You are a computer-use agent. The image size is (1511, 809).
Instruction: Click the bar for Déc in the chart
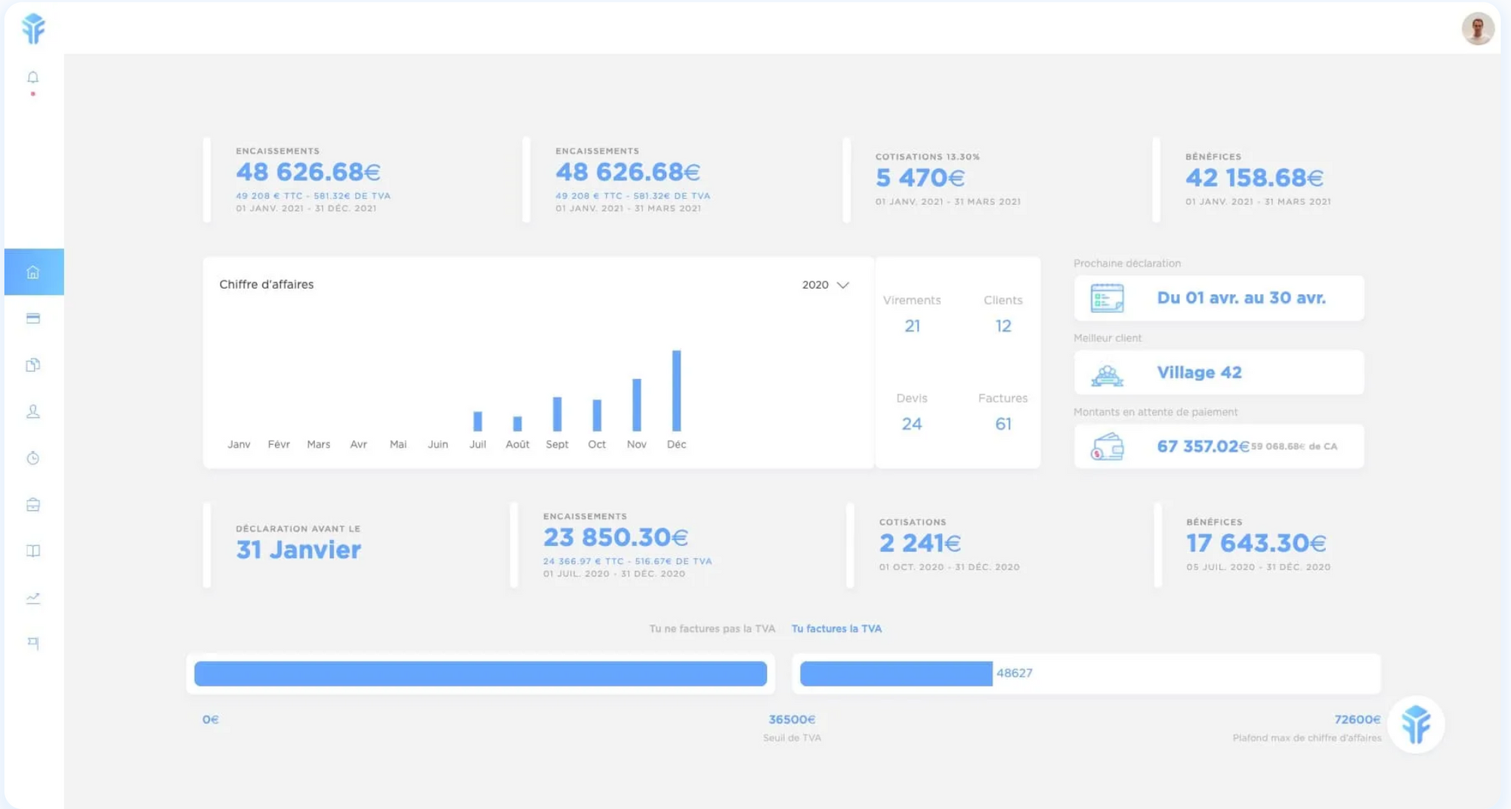coord(676,391)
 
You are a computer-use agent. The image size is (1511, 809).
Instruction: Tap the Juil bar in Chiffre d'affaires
coord(477,421)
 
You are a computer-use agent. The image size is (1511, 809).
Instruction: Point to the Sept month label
coord(557,444)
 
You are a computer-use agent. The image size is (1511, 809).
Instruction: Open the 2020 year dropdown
coord(826,285)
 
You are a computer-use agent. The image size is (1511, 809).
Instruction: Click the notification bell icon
coord(32,78)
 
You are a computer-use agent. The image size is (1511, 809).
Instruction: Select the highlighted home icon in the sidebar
coord(33,272)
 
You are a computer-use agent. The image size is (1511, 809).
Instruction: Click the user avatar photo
coord(1477,29)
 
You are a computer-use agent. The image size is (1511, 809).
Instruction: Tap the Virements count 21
coord(912,326)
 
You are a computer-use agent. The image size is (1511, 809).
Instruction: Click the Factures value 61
coord(1003,425)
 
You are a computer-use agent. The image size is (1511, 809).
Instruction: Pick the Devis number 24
coord(911,425)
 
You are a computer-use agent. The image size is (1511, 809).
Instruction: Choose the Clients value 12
coord(1003,326)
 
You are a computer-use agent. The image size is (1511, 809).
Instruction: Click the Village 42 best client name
coord(1199,372)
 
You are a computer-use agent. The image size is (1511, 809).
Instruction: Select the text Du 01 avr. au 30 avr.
coord(1241,298)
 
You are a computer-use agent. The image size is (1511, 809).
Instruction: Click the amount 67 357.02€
coord(1203,446)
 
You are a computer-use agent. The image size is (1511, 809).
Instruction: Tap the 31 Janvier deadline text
coord(298,550)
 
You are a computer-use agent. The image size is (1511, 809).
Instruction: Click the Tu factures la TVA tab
coord(836,628)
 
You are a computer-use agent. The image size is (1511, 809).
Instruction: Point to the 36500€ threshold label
coord(792,720)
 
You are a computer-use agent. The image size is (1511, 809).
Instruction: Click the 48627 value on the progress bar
coord(1014,673)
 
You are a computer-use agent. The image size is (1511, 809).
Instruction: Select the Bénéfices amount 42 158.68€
coord(1254,178)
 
